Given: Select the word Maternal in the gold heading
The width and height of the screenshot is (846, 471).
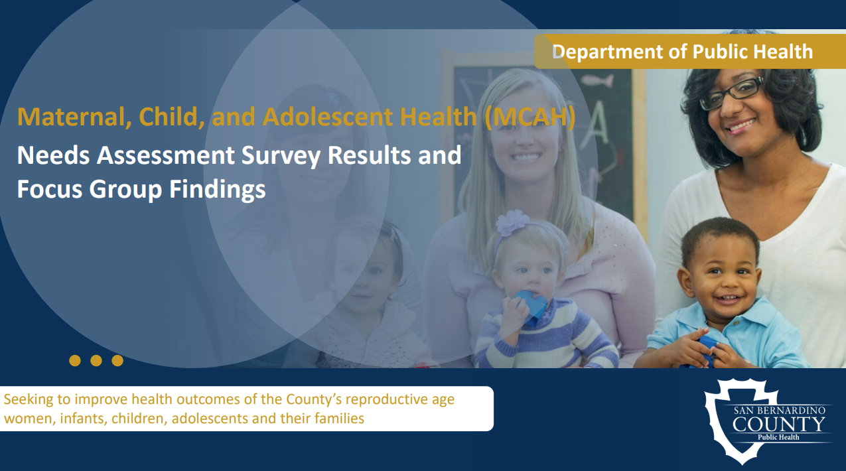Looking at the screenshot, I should [65, 117].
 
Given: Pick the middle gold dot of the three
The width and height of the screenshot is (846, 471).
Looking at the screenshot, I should [96, 360].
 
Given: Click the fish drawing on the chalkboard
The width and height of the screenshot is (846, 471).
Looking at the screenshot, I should [598, 82].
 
